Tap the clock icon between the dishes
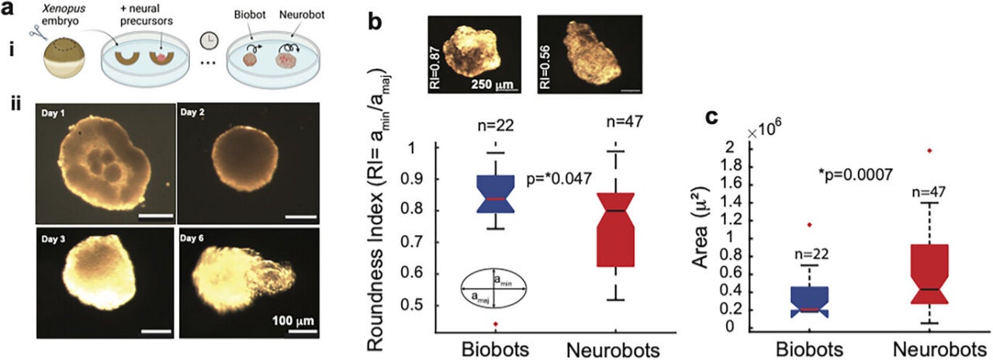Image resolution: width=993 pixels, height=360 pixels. (209, 41)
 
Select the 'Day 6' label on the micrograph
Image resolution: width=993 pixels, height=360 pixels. (192, 238)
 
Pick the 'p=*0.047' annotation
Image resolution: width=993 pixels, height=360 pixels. (559, 178)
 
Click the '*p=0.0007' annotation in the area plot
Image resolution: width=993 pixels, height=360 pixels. (855, 175)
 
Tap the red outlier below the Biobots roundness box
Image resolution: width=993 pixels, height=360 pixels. (496, 324)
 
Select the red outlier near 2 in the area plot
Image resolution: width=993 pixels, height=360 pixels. (926, 151)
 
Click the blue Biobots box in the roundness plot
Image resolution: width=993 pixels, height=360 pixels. (496, 194)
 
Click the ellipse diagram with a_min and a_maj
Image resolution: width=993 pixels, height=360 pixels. (494, 288)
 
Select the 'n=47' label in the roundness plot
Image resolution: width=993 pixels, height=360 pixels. (625, 121)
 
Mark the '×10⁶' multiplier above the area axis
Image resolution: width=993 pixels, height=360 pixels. (764, 132)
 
